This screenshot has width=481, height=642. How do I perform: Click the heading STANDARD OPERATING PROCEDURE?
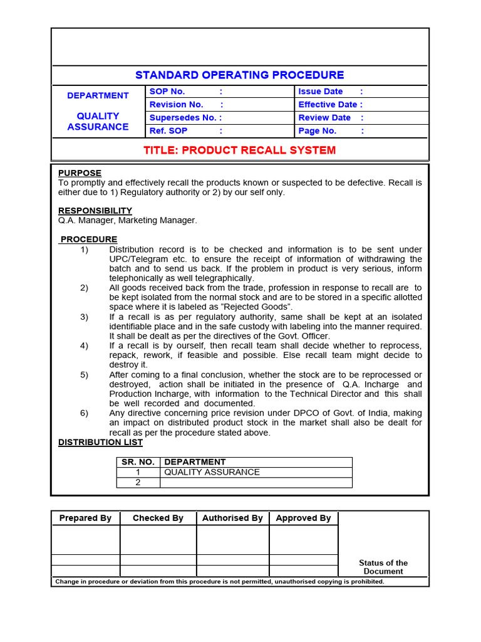(240, 75)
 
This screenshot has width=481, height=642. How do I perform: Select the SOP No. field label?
(167, 92)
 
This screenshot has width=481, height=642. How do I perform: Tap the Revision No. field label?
(176, 105)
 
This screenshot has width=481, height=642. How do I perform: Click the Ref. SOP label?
(168, 131)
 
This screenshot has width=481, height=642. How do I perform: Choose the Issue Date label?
(320, 92)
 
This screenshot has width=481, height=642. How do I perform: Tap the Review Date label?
(324, 118)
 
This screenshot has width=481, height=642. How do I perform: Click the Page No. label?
(317, 131)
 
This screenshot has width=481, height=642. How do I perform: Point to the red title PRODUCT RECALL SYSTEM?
(240, 150)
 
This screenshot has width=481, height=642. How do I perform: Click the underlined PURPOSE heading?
(80, 173)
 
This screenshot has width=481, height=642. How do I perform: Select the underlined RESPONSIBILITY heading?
(95, 211)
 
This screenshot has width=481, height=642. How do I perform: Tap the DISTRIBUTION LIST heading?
(100, 442)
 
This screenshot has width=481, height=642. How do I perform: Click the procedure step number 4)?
(85, 345)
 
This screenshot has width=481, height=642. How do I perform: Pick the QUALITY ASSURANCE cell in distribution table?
(212, 472)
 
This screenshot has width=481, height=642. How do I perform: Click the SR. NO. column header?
(138, 462)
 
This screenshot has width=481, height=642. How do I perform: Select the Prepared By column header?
(85, 518)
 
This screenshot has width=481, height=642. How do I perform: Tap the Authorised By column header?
(232, 518)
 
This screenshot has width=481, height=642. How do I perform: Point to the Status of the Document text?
(383, 567)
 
